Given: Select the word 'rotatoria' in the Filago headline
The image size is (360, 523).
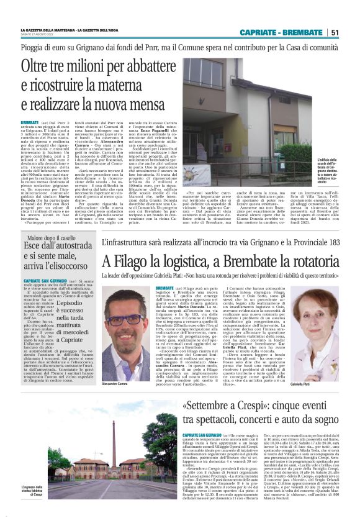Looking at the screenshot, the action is coord(308,261).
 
